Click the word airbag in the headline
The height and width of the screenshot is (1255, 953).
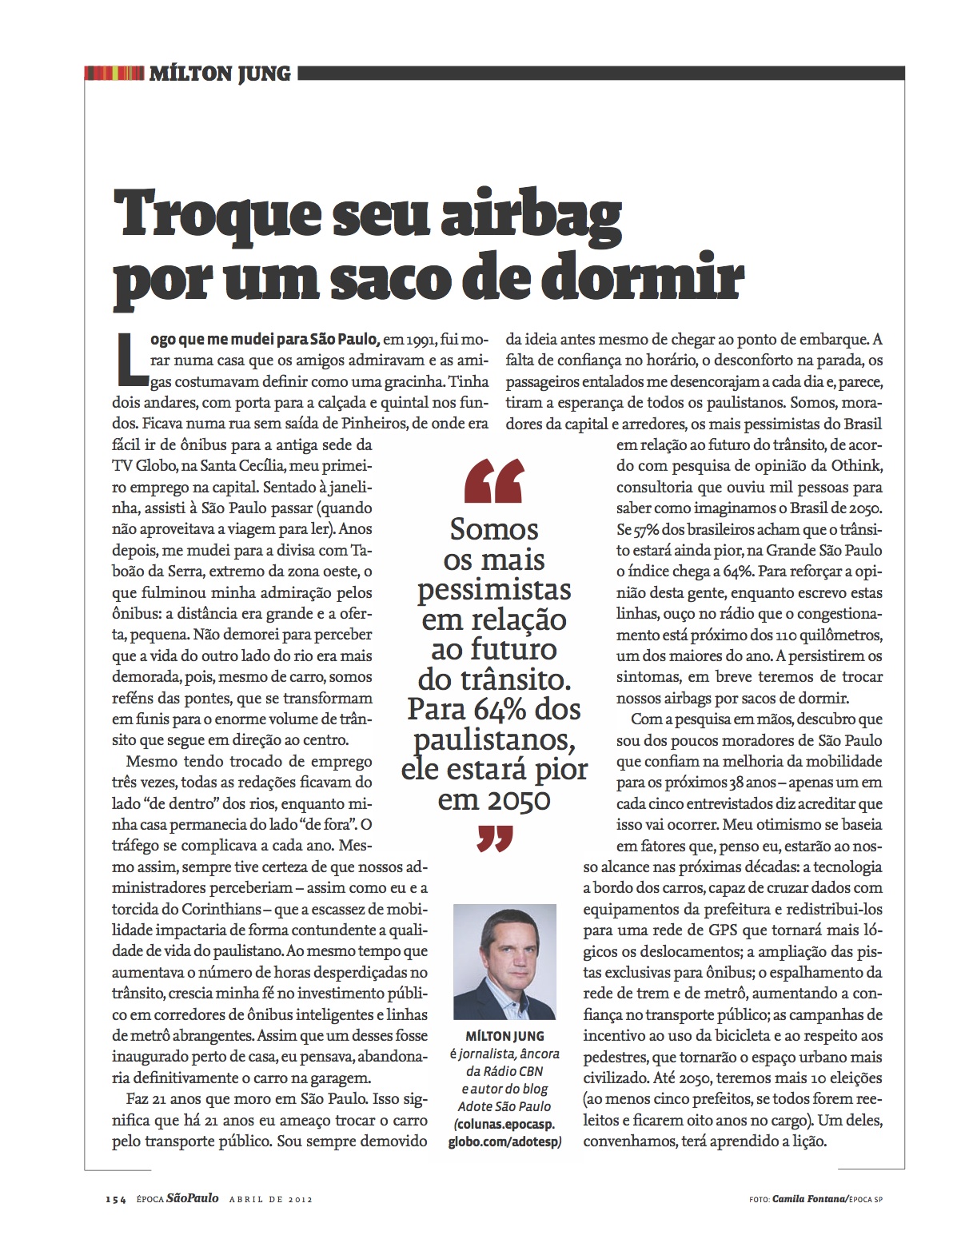pos(531,214)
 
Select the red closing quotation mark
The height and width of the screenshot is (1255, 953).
pos(494,839)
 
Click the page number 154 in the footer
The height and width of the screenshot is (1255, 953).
pos(116,1199)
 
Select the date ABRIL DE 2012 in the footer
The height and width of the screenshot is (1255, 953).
pos(270,1199)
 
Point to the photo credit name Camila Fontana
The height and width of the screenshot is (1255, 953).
pos(808,1199)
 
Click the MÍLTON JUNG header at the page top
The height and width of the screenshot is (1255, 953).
pos(220,74)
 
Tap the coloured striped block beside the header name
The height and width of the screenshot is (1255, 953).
pos(114,74)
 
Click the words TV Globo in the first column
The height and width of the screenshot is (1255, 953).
pos(143,465)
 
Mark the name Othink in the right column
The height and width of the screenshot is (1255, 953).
pos(856,465)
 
